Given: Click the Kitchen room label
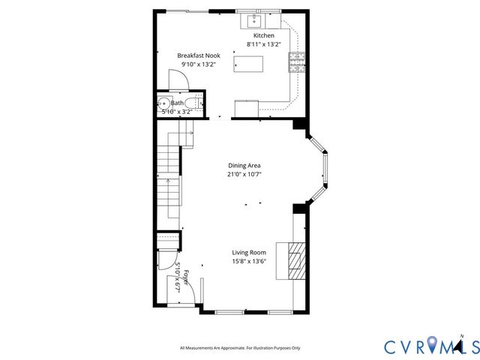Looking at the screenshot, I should click(x=263, y=36).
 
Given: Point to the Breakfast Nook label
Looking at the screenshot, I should click(x=198, y=56).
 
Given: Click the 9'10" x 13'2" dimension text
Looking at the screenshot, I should click(x=198, y=64).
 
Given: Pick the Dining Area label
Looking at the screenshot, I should click(x=244, y=166).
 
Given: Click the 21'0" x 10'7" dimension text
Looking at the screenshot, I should click(x=244, y=174).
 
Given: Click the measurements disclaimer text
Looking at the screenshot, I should click(x=240, y=348).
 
